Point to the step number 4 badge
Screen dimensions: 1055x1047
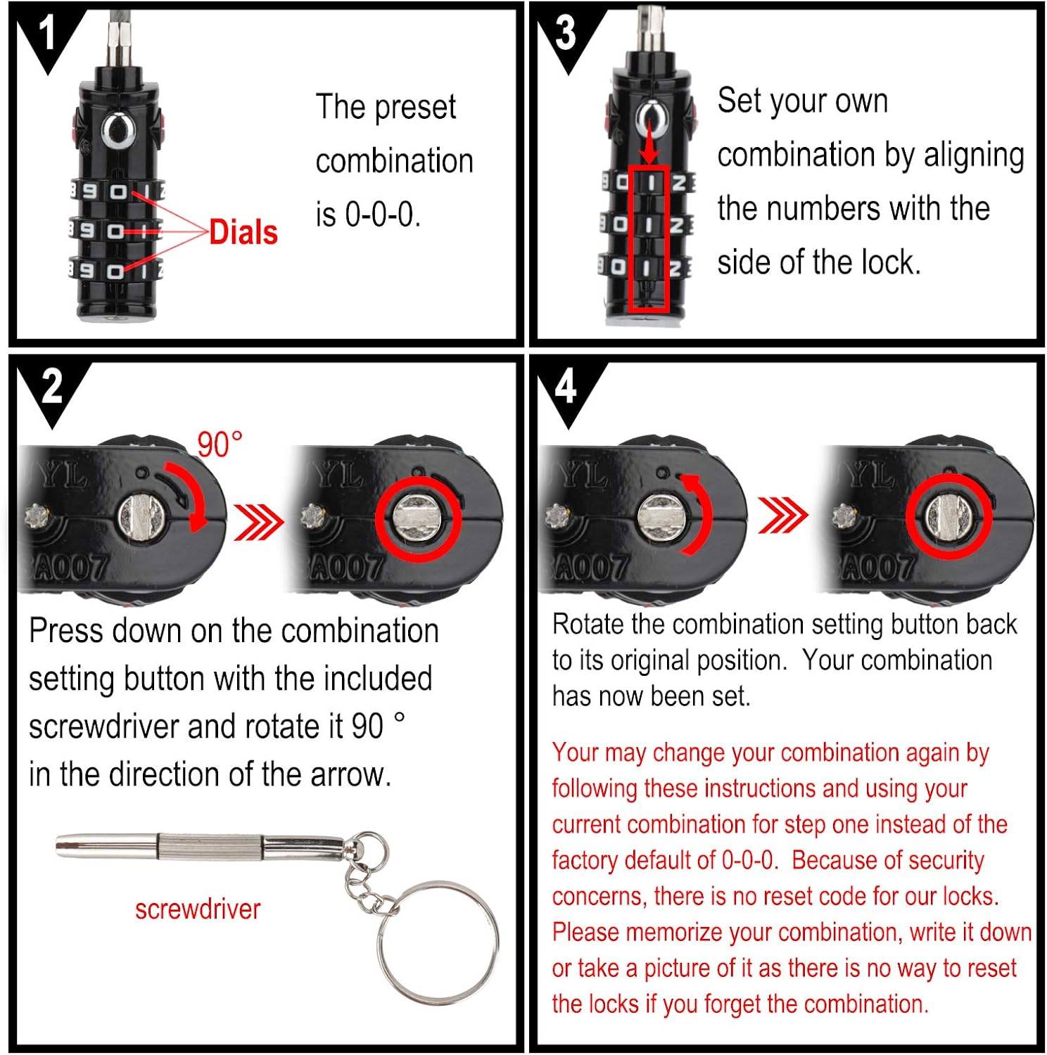coord(566,387)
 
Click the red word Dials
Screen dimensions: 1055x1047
coord(243,232)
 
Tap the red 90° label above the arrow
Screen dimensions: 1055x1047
coord(220,445)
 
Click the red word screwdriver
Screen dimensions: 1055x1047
coord(198,909)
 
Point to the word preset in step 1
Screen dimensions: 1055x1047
coord(414,108)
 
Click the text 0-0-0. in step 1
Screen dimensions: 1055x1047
coord(382,215)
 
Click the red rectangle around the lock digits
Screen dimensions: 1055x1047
coord(648,239)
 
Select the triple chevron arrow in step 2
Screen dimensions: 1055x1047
coord(258,522)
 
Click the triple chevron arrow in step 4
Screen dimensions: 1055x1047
coord(782,516)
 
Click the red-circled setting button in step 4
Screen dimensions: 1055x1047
coord(948,516)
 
